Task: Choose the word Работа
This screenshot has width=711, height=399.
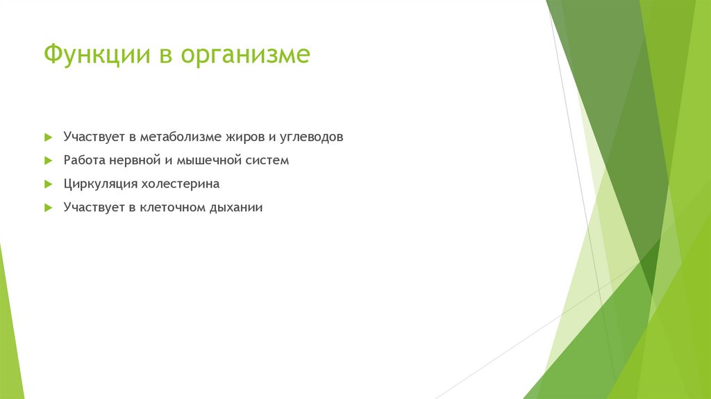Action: tap(84, 161)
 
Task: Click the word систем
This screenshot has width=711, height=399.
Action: tap(267, 161)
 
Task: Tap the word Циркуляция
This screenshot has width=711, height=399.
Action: tap(100, 184)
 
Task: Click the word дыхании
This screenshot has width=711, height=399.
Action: tap(236, 207)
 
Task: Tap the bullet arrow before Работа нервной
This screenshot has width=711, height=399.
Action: tap(48, 161)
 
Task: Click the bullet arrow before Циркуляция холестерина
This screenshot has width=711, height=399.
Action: tap(48, 184)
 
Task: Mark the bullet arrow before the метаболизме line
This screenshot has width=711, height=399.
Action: tap(48, 137)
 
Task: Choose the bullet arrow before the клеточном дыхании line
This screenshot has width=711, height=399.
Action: tap(48, 208)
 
